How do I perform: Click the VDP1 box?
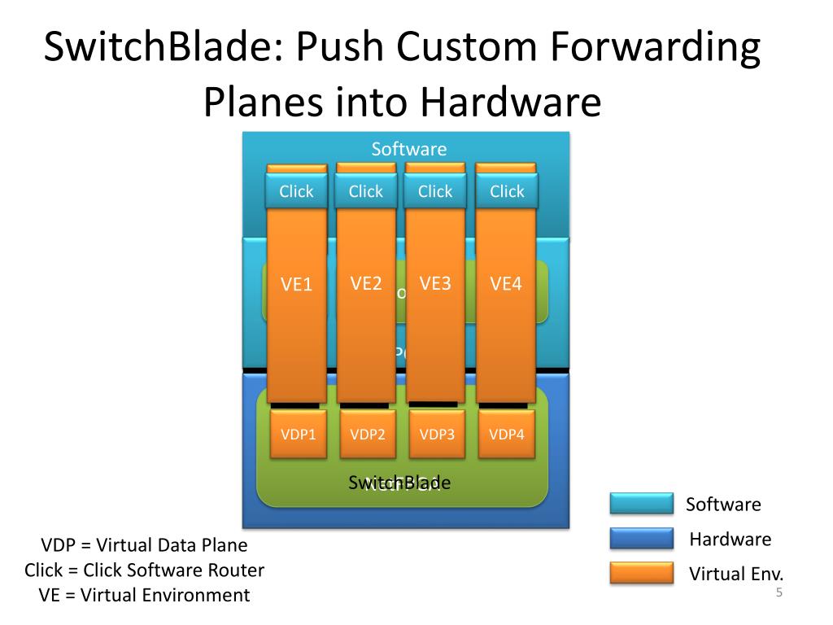click(299, 434)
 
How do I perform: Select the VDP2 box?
click(368, 434)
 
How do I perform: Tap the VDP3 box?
click(437, 434)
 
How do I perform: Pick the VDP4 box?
click(506, 434)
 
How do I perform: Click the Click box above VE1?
click(296, 192)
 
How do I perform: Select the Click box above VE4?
click(507, 192)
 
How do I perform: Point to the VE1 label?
click(297, 285)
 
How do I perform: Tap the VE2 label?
click(366, 283)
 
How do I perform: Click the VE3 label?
click(435, 283)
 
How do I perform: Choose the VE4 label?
click(505, 284)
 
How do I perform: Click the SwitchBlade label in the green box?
click(399, 483)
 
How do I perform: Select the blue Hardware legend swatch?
click(642, 539)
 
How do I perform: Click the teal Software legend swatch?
click(642, 504)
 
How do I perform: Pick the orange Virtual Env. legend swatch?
click(642, 573)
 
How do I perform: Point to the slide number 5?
click(778, 592)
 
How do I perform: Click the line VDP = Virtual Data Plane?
click(145, 545)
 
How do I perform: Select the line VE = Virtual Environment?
click(145, 595)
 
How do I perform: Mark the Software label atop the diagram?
click(409, 149)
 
